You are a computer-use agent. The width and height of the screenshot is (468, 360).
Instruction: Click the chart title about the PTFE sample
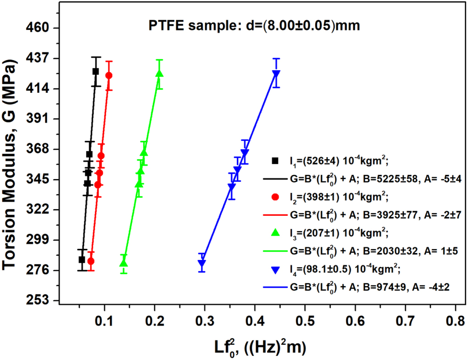[254, 26]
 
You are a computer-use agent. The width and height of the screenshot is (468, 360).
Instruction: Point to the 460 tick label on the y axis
[37, 28]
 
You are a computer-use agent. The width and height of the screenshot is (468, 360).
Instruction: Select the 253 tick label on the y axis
[37, 300]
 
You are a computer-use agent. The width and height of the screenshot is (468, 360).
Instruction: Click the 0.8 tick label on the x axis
[456, 321]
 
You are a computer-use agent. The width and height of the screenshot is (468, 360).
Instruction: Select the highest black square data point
[96, 71]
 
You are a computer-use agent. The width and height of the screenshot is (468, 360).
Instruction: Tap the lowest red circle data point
[91, 261]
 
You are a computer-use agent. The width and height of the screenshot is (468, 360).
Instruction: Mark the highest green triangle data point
[159, 73]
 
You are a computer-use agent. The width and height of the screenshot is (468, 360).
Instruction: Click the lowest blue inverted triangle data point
[202, 264]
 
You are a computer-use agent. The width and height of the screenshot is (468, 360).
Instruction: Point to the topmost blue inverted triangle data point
[276, 74]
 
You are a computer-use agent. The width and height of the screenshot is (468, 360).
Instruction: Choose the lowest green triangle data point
[123, 263]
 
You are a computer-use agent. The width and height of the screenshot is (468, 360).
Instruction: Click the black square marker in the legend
[275, 161]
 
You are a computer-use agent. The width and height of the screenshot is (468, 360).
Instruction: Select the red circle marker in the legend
[275, 197]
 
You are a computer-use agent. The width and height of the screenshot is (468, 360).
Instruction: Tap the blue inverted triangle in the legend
[275, 270]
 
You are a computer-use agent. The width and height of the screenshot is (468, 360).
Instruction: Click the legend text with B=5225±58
[376, 179]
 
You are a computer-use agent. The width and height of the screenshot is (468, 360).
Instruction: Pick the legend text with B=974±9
[370, 287]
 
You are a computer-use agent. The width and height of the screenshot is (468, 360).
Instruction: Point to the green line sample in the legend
[275, 251]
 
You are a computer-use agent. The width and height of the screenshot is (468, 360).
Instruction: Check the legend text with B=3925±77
[376, 215]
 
